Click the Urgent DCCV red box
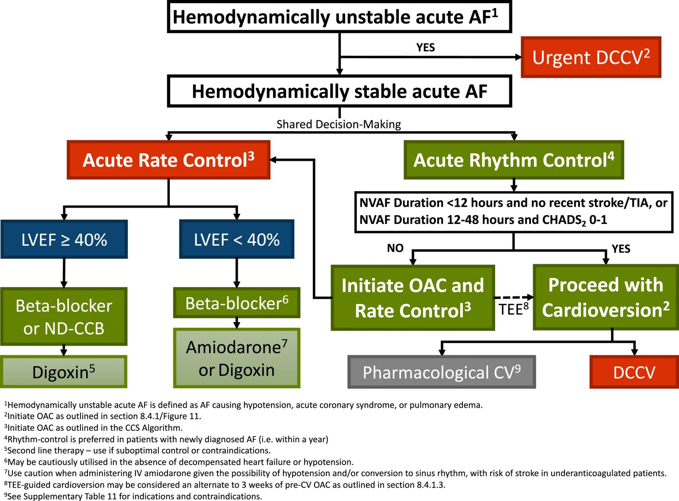click(x=591, y=57)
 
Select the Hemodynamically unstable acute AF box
click(x=339, y=17)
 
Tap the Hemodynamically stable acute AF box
click(x=339, y=91)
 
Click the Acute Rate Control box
click(x=168, y=160)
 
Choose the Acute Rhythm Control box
click(x=514, y=160)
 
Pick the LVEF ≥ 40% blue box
click(x=64, y=239)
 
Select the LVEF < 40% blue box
click(x=237, y=239)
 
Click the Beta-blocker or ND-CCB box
click(x=64, y=317)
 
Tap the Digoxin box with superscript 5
click(x=64, y=372)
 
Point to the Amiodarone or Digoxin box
click(x=237, y=358)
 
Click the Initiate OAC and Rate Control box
click(x=412, y=298)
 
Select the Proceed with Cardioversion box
click(x=606, y=297)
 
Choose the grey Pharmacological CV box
click(x=442, y=372)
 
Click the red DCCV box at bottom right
click(x=634, y=372)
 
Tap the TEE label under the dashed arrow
click(x=513, y=309)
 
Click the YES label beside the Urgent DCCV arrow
click(x=425, y=47)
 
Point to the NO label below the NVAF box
click(x=395, y=248)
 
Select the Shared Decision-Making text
click(x=339, y=124)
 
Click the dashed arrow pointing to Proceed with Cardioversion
click(x=513, y=297)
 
